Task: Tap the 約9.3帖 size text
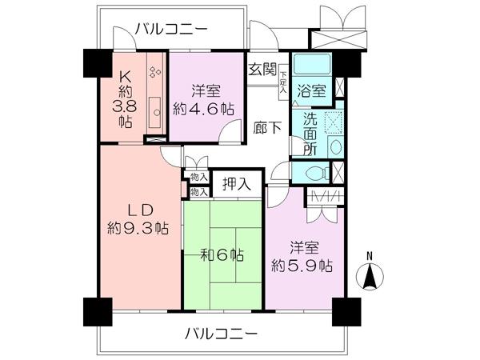[138, 228]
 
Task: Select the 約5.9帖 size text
[302, 265]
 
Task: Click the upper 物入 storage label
[199, 176]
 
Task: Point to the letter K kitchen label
[126, 76]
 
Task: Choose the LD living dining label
[138, 210]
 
